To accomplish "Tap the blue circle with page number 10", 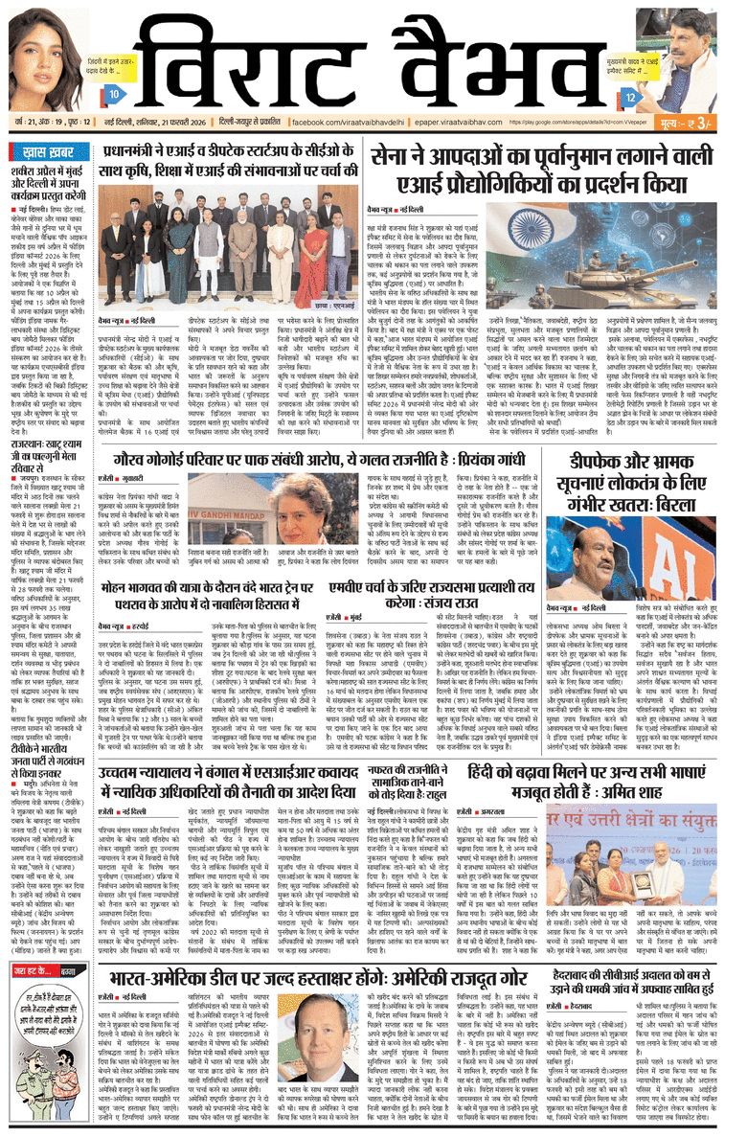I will click(x=113, y=95).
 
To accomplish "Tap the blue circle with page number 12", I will click(x=629, y=97).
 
